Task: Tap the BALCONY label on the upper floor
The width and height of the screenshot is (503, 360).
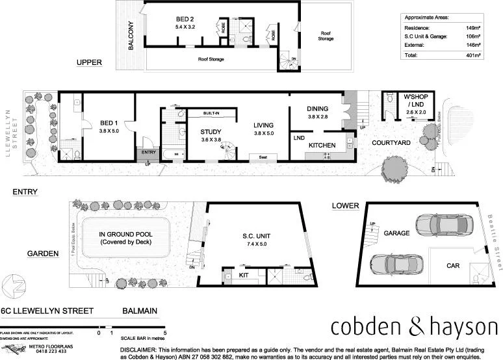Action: [131, 35]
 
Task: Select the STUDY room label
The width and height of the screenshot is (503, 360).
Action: [211, 132]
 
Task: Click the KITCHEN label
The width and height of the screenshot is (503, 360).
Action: [322, 145]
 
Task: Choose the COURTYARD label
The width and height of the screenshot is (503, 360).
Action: [390, 143]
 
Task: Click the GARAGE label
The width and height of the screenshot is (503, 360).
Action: [396, 232]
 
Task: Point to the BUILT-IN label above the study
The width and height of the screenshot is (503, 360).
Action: [211, 113]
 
